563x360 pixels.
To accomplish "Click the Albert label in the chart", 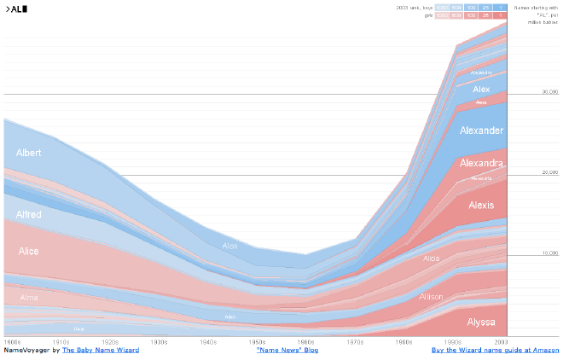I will [x=29, y=153].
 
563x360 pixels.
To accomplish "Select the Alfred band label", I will [x=29, y=214].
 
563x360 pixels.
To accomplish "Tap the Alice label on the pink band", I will [x=28, y=251].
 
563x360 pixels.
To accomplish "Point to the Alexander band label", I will [x=481, y=131].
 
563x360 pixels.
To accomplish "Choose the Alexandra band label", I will [x=481, y=163].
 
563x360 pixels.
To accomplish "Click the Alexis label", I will [x=481, y=205].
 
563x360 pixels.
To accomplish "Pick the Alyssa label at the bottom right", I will [x=481, y=322].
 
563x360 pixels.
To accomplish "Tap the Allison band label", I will [x=431, y=297].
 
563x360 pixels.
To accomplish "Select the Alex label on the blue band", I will [x=481, y=89].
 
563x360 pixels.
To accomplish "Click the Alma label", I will [x=29, y=298].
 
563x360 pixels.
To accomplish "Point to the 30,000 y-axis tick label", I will [x=550, y=90].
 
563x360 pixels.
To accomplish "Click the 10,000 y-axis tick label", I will [x=550, y=253].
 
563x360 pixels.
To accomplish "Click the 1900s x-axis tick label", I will [x=13, y=341].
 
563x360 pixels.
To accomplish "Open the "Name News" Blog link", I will [x=287, y=350].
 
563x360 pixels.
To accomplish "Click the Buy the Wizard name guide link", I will [x=495, y=350].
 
